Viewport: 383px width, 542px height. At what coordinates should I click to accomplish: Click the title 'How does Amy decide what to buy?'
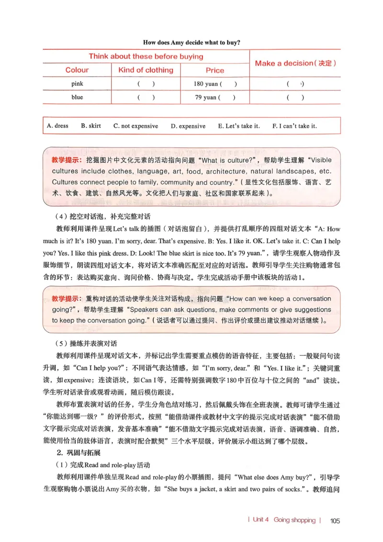(x=191, y=43)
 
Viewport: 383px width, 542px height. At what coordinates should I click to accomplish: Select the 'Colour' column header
(x=77, y=70)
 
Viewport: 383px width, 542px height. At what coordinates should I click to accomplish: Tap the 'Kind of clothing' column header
(x=146, y=70)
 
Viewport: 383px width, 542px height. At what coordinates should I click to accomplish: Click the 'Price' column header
(x=215, y=70)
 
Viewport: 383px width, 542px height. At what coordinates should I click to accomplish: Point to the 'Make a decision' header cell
(x=295, y=63)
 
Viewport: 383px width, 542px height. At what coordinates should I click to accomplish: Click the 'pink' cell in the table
(x=77, y=84)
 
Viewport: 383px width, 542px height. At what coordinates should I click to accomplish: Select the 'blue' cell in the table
(x=77, y=97)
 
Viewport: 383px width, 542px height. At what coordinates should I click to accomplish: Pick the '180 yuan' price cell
(x=215, y=84)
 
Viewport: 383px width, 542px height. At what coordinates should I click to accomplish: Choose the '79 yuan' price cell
(x=215, y=98)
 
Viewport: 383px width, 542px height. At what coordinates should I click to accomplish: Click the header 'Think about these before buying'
(x=146, y=56)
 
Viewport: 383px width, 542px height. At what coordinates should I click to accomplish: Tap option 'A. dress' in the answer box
(x=57, y=126)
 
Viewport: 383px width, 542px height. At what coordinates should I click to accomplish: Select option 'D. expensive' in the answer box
(x=188, y=126)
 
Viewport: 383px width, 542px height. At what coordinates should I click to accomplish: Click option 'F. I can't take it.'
(x=294, y=126)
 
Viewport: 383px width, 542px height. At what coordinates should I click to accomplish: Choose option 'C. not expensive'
(x=135, y=126)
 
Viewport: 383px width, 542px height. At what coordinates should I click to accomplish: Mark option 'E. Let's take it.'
(x=238, y=126)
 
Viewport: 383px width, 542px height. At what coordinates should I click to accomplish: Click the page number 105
(x=335, y=521)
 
